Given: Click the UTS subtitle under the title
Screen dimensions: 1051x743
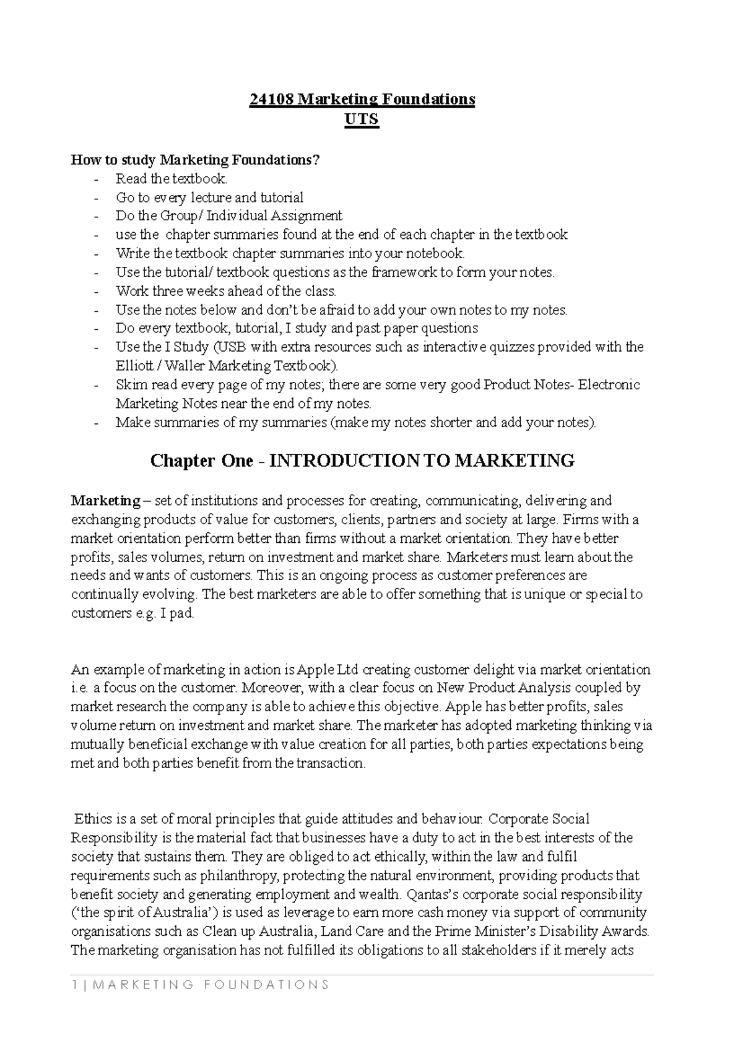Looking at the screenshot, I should pos(362,119).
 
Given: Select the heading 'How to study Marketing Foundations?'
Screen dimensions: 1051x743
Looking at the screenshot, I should pos(196,160).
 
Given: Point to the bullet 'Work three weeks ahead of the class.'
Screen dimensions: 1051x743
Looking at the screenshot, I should pos(225,291).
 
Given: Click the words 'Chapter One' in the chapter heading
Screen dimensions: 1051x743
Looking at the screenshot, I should pos(202,461).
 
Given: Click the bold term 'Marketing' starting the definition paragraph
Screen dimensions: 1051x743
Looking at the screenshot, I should pos(106,500).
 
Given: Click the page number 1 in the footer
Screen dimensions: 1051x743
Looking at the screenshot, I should pos(74,985).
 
